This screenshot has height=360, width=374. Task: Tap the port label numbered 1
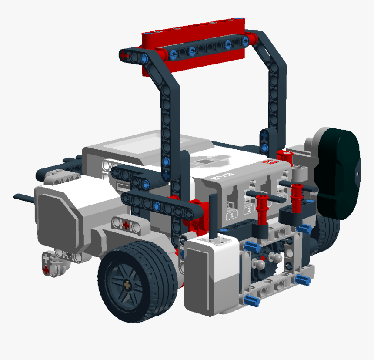[x=232, y=215]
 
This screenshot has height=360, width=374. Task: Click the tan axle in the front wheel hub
[x=127, y=285]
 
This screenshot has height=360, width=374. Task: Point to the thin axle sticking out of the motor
[x=24, y=198]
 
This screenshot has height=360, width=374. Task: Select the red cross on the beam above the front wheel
[x=126, y=225]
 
